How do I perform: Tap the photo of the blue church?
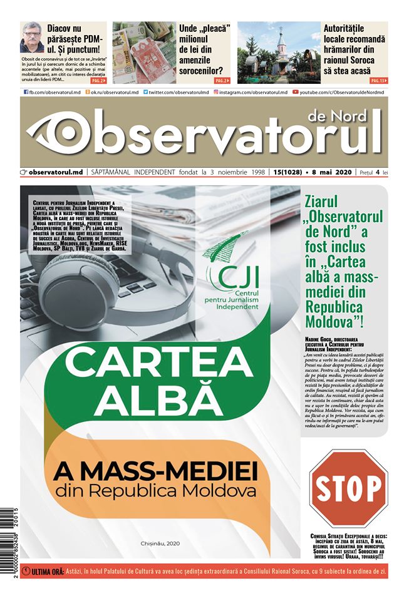[x=279, y=53]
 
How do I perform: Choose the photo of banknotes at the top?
[x=143, y=53]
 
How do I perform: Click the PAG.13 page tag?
[x=378, y=81]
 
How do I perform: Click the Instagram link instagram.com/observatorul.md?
[x=251, y=92]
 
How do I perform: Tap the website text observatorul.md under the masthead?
[x=56, y=172]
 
